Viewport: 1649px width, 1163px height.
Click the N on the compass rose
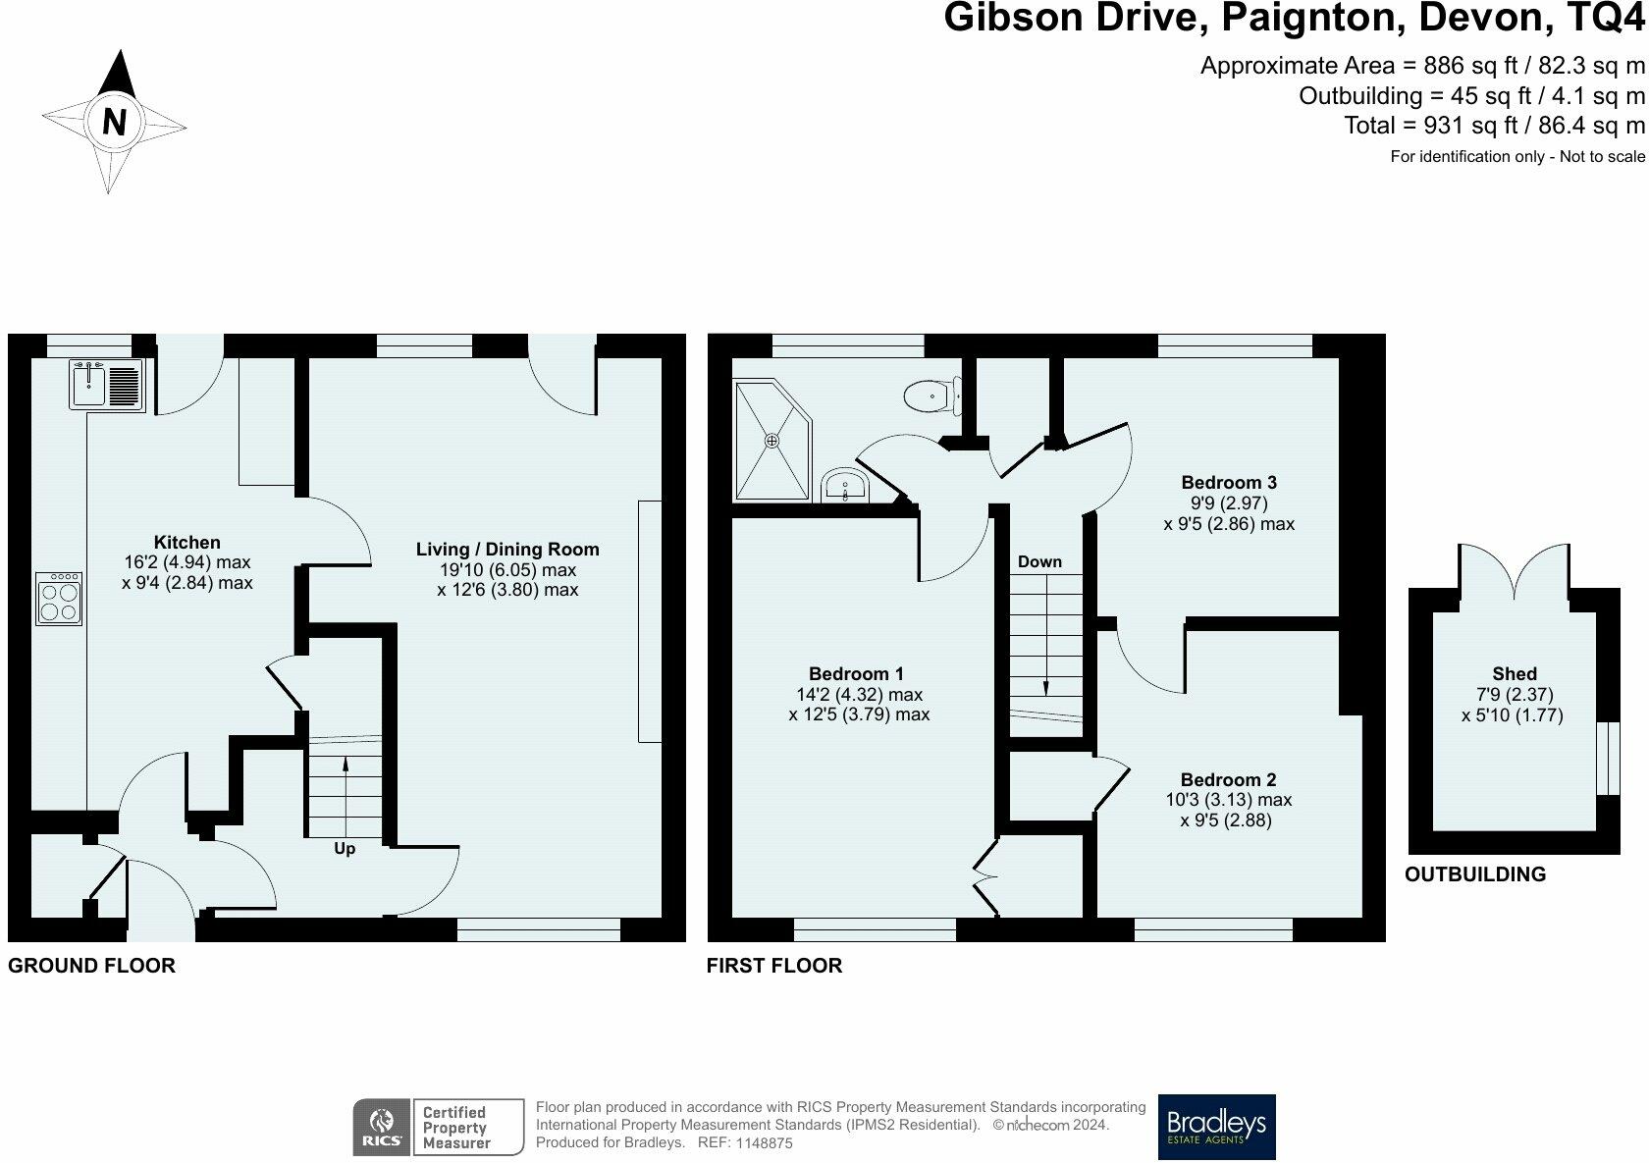point(114,122)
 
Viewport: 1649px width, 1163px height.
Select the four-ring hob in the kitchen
point(59,599)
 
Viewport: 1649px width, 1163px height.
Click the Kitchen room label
point(186,543)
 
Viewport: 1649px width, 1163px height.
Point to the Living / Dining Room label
point(507,550)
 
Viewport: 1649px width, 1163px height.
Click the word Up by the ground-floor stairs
point(345,849)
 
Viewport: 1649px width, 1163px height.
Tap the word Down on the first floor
point(1039,561)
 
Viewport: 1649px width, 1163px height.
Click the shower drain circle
point(771,441)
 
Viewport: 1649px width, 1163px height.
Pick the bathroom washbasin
point(845,486)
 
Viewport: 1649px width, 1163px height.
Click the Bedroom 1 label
point(856,673)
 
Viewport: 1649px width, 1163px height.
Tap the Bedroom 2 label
point(1228,779)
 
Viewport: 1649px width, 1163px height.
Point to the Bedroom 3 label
point(1229,482)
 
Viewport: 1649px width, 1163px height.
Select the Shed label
point(1515,673)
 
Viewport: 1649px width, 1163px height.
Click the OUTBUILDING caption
point(1474,874)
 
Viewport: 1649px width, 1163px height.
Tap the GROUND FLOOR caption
point(91,966)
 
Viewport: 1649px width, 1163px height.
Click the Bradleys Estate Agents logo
point(1216,1127)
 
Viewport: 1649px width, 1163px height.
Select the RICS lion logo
point(381,1127)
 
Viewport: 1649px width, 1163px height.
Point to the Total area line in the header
point(1494,126)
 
